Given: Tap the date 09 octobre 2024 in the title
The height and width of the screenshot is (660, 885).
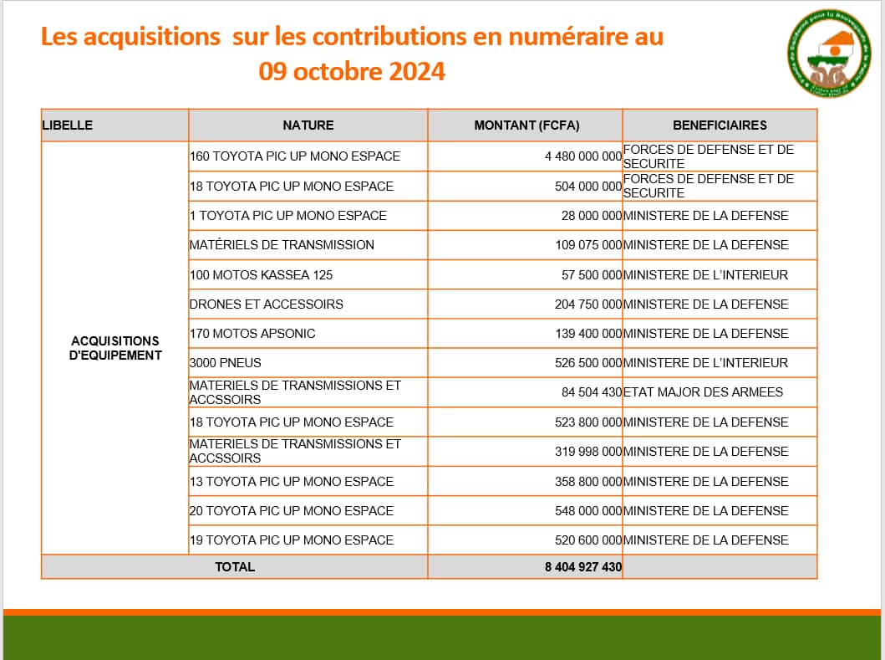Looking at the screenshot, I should point(352,71).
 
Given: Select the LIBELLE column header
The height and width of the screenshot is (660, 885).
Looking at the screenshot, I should point(68,125).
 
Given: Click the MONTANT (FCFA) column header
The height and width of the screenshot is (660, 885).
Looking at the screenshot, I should point(526,125).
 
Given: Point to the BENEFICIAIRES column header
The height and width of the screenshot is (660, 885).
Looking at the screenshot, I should point(720,125).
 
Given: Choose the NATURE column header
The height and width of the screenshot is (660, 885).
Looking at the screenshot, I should point(308,125).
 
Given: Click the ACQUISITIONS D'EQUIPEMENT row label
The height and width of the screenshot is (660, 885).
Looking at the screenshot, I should point(115,348).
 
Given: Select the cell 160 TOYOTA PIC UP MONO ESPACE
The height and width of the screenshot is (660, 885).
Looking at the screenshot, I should point(295,156).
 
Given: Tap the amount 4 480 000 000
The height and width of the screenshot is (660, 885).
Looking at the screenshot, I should point(583,156).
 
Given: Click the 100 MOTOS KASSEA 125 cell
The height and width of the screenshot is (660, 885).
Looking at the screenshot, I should point(262,274).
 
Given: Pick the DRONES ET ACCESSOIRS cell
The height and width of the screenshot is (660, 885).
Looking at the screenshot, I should point(267,304).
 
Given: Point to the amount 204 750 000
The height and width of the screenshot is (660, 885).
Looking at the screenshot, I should point(588,304).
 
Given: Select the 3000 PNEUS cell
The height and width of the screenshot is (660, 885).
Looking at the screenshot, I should point(226,363).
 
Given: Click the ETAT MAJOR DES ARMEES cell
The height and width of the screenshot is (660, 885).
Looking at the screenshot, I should point(704,392).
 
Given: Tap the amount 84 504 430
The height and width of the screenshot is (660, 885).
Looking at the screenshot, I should point(592,392).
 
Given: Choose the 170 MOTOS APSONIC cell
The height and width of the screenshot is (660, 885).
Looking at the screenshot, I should point(252,334).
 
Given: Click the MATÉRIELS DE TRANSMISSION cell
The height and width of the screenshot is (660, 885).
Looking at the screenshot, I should point(282,245).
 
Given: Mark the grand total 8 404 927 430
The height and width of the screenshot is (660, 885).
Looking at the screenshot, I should point(583,567).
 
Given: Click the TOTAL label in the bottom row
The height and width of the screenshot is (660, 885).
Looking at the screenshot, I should point(235,567).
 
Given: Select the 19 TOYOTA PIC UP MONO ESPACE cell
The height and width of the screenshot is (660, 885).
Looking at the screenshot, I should point(292,540).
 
